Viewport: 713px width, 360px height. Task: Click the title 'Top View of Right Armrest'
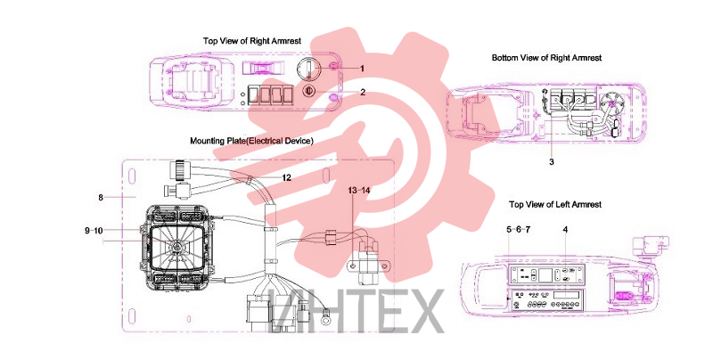pos(252,41)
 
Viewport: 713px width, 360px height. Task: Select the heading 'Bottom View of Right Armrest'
pos(546,58)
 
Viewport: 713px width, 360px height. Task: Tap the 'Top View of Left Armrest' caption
pos(555,205)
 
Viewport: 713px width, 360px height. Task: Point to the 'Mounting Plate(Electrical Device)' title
pos(251,141)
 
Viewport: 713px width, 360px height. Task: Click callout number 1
pos(363,69)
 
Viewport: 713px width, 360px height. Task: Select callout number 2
pos(363,93)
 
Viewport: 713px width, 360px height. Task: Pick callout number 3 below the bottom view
pos(552,162)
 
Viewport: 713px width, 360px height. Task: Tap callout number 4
pos(565,230)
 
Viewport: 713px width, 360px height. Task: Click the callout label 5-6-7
pos(519,230)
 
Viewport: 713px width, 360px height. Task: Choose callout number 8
pos(101,197)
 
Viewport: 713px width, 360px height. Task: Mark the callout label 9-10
pos(94,231)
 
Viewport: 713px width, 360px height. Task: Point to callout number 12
pos(286,177)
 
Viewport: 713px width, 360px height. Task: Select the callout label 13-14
pos(359,191)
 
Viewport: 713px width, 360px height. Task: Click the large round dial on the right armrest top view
pos(309,70)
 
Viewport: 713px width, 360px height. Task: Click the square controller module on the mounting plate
pos(177,249)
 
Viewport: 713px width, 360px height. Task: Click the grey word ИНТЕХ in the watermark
pos(358,311)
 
